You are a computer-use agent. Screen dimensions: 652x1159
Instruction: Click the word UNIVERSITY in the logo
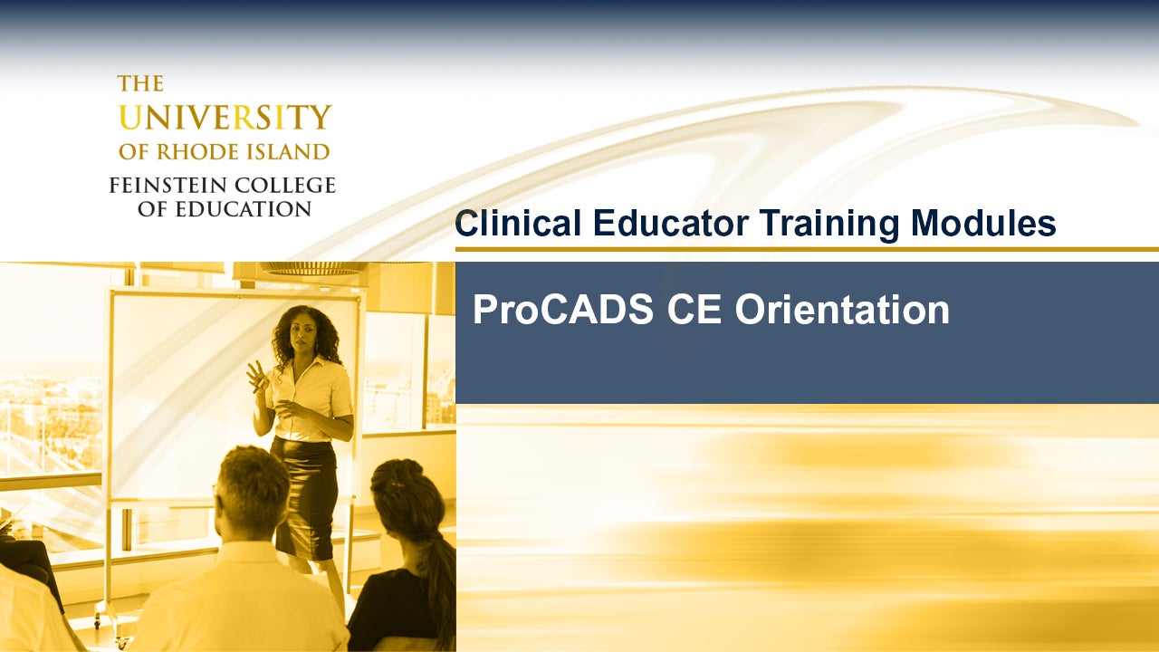225,118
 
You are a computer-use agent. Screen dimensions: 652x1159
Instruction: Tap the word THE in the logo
140,84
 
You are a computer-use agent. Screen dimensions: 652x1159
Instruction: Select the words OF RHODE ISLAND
224,151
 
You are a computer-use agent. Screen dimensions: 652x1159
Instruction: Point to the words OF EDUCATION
224,209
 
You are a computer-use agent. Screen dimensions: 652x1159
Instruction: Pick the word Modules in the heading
983,224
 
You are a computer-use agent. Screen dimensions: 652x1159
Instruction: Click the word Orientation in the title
841,311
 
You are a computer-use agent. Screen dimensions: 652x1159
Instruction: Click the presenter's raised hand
257,375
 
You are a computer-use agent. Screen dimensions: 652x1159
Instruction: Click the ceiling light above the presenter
312,268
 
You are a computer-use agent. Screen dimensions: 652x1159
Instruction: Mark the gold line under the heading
806,249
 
